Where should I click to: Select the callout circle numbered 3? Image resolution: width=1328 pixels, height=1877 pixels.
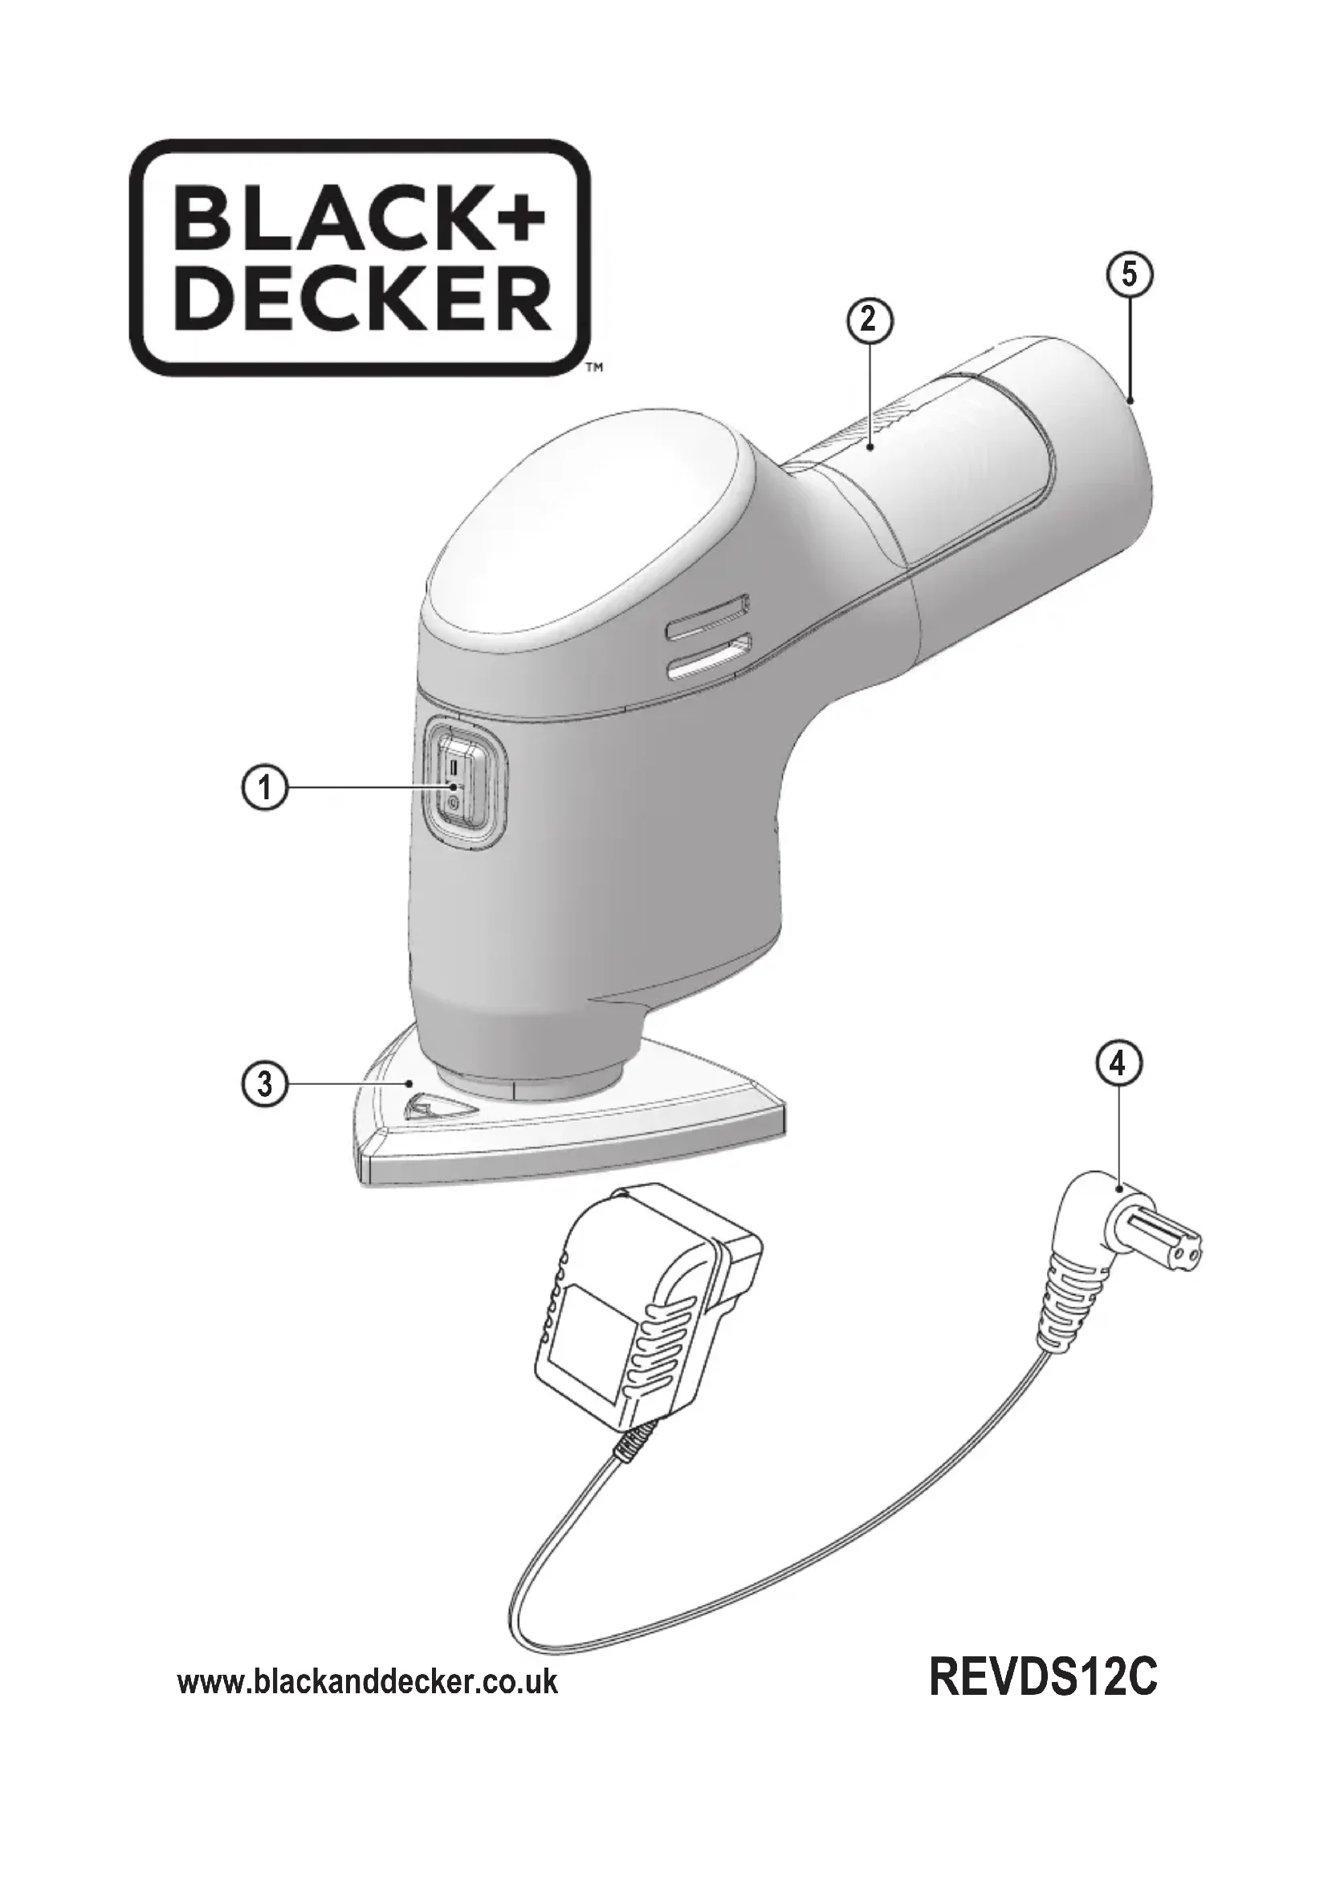[265, 1084]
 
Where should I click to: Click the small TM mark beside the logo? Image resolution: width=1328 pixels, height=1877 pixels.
[595, 368]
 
